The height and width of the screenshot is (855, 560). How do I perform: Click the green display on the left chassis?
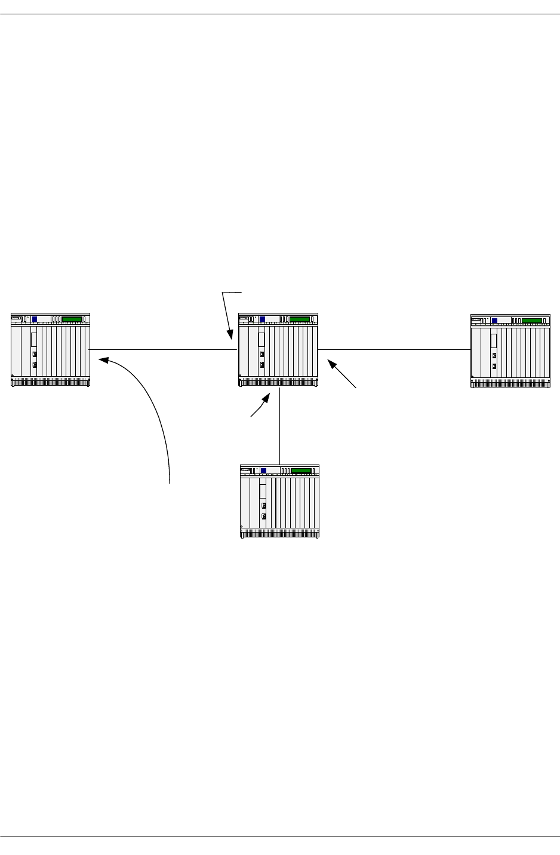point(72,319)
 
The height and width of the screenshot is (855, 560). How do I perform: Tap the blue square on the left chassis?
point(35,319)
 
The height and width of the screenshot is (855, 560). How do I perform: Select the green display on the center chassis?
point(300,319)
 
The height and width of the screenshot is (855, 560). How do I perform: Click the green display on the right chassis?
point(532,321)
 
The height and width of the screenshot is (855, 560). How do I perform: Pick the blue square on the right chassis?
point(494,321)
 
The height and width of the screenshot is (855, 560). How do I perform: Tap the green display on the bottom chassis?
point(301,470)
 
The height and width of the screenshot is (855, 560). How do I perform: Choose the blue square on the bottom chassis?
point(263,470)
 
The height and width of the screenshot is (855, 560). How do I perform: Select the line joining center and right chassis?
point(394,349)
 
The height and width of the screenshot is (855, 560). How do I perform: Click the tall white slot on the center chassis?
point(261,340)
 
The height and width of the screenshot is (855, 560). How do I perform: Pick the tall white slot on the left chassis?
point(34,340)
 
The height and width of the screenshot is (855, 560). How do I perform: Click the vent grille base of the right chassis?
point(510,383)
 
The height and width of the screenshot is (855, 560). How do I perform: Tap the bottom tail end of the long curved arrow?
point(170,482)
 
